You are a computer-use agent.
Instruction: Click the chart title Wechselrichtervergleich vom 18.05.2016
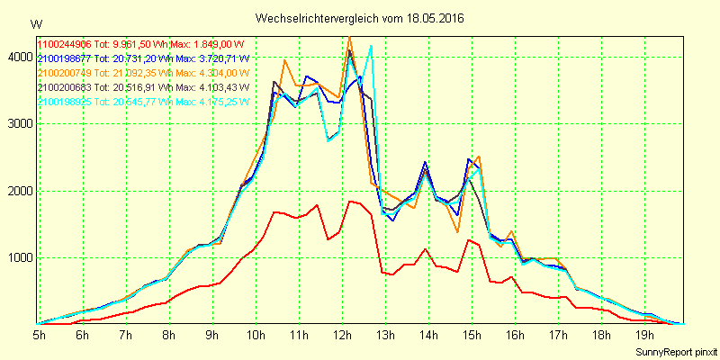coord(360,18)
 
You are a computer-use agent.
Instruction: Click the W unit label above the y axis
coord(35,23)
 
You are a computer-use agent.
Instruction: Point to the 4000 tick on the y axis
coord(17,57)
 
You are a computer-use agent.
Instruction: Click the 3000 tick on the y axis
coord(17,124)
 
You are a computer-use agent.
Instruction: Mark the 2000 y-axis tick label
coord(17,191)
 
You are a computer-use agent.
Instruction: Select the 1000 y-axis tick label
coord(17,258)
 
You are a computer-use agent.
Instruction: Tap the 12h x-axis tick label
coord(342,336)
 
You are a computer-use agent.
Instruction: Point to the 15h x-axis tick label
coord(472,336)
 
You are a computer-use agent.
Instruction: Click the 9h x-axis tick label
coord(212,336)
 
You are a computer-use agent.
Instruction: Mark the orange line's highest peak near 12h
coord(349,37)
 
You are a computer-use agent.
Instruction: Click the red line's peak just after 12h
coord(350,202)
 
